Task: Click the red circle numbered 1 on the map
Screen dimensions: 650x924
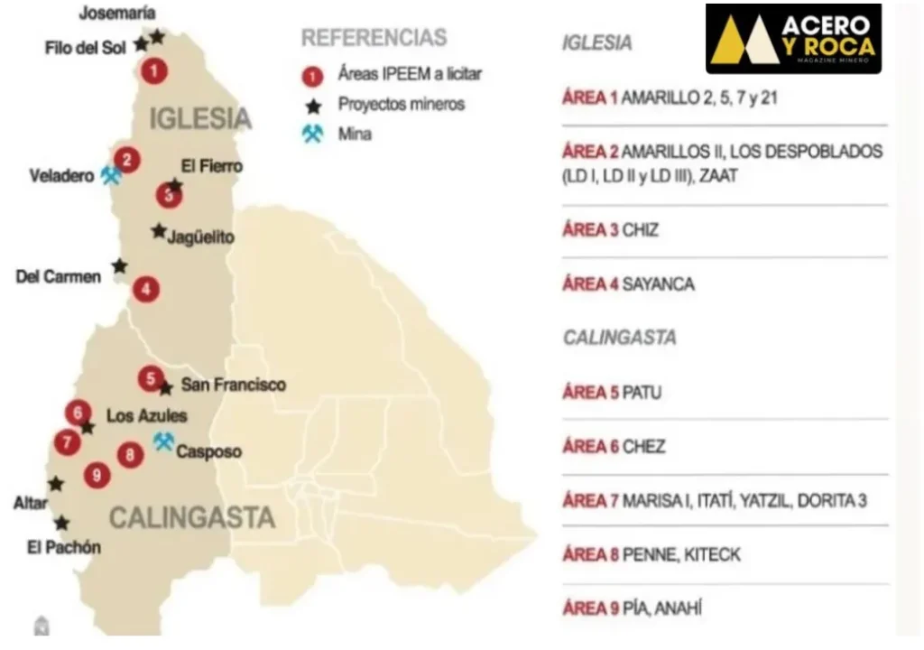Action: click(155, 70)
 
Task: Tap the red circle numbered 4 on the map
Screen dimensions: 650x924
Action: click(145, 290)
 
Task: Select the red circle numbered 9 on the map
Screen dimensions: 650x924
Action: click(97, 474)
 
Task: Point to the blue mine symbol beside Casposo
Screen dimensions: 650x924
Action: click(163, 441)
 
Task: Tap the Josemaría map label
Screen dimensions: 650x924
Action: click(117, 13)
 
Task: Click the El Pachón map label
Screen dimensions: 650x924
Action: click(64, 547)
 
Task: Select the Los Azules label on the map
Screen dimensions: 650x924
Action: click(146, 416)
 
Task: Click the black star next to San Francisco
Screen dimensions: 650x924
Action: click(166, 388)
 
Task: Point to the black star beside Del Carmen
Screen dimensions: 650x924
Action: click(119, 266)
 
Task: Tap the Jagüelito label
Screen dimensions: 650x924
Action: click(200, 237)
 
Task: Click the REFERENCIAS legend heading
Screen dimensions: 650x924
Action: click(374, 38)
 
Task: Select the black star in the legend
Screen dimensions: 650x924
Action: click(313, 106)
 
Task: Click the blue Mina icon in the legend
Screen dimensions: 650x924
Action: click(313, 135)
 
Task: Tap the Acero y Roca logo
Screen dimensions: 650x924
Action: click(793, 39)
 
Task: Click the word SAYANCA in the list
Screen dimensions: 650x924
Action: click(659, 284)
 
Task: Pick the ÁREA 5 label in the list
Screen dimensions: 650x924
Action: click(590, 393)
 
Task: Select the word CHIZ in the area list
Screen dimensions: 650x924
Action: click(641, 230)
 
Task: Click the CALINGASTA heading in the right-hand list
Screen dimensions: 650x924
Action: click(619, 338)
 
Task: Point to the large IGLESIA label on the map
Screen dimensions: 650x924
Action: click(199, 118)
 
